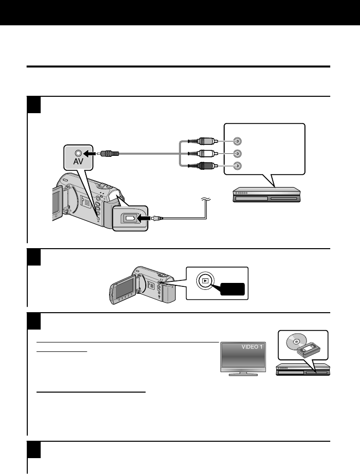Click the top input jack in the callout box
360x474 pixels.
tap(238, 141)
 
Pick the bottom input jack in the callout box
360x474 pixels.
tap(238, 166)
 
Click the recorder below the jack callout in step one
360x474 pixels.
tap(266, 195)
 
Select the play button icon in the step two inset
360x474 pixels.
tap(205, 280)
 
